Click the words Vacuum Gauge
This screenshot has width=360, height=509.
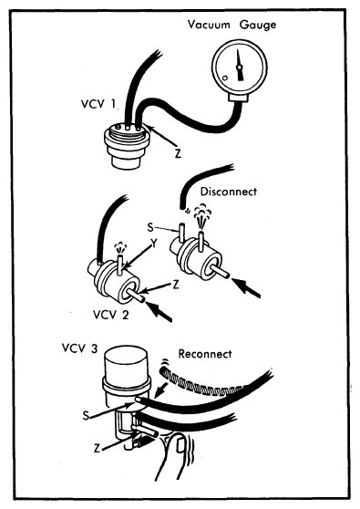point(231,26)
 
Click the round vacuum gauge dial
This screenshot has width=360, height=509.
point(240,68)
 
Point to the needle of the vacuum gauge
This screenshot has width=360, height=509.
point(240,65)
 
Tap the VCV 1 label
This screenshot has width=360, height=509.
point(98,104)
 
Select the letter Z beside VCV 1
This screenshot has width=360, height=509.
point(178,153)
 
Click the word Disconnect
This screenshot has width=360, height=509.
point(229,192)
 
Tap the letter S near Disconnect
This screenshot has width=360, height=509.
point(149,227)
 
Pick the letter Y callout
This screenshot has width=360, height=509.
point(154,243)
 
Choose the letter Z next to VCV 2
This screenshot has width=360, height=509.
point(176,285)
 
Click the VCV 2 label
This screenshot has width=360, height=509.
point(110,314)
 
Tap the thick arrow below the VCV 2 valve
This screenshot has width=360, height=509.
point(159,311)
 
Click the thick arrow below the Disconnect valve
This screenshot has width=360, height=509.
point(248,287)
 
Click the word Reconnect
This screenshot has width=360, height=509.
point(205,354)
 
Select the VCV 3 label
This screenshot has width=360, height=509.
point(79,348)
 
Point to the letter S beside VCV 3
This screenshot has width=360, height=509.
point(86,416)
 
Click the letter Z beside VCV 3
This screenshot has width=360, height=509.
point(97,449)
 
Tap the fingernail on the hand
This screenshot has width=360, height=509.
point(180,444)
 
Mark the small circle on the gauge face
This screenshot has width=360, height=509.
point(225,78)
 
